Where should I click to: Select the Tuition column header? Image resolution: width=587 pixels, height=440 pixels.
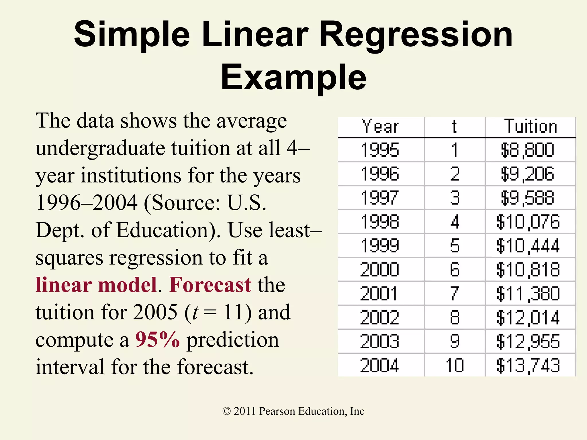point(530,126)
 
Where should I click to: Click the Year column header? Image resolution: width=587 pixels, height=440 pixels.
point(380,126)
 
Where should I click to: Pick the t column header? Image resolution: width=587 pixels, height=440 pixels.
point(454,126)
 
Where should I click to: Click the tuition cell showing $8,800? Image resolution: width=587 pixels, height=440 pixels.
point(527,150)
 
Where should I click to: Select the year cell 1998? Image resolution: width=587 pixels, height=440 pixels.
point(380,222)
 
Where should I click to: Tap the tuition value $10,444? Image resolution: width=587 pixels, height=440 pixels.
point(528,246)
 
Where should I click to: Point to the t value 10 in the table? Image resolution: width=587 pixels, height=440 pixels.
point(455,366)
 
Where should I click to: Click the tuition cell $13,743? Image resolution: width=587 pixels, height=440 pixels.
point(528,366)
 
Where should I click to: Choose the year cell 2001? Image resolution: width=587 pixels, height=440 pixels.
point(379,294)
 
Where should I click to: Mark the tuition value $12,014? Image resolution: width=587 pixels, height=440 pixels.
point(528,318)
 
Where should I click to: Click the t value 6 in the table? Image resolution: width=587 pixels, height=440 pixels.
point(455,270)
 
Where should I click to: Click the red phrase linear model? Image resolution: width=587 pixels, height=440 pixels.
point(96,285)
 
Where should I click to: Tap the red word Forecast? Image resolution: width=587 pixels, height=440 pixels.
point(210,285)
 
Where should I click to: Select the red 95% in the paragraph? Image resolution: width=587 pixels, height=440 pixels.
point(158,340)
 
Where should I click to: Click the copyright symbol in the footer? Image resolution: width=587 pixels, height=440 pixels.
point(226,411)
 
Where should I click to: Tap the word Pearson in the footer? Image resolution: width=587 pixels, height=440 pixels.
point(277,411)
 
